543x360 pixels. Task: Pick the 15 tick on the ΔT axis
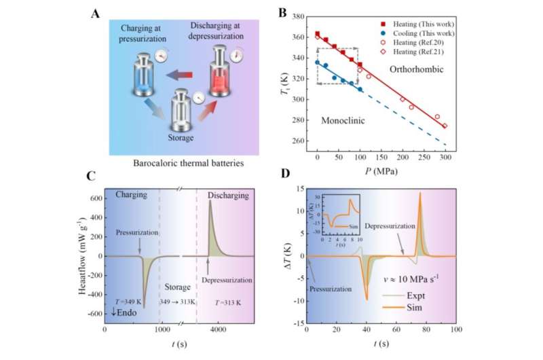click(297, 189)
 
